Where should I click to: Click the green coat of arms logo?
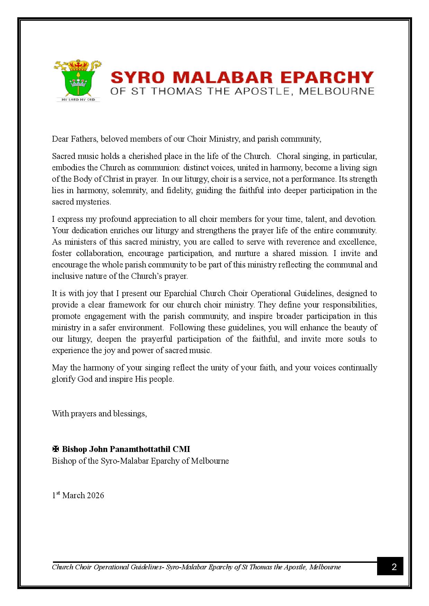pos(78,79)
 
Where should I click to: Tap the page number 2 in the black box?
pos(394,567)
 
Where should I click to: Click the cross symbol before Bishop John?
pos(55,449)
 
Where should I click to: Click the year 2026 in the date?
pos(95,495)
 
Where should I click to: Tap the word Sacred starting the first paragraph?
pos(63,156)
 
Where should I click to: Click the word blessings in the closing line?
pos(130,414)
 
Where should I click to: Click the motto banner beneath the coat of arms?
pos(79,99)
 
